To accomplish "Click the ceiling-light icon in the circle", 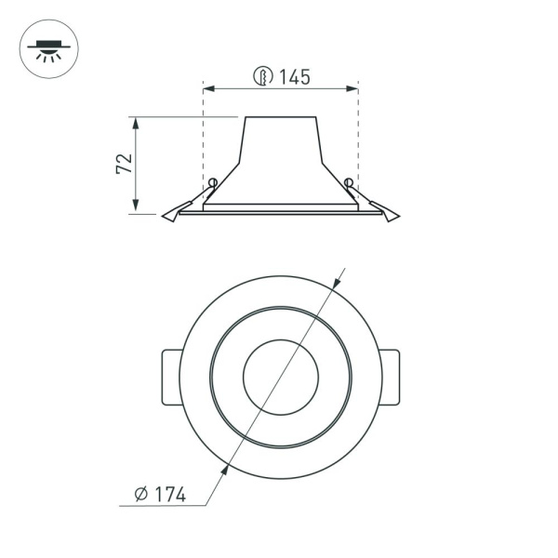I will click(x=49, y=48).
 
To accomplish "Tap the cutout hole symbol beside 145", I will click(x=263, y=78).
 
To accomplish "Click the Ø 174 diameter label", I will click(x=159, y=495).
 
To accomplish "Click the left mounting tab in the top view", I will click(x=172, y=377).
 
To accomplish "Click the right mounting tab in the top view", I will click(x=389, y=377).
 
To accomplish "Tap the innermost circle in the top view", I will click(x=280, y=377).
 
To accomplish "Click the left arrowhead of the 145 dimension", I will click(x=207, y=89).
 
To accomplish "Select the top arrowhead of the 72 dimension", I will click(x=137, y=122).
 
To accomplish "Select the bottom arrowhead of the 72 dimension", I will click(x=137, y=208).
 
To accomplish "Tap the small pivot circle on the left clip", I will click(x=213, y=181).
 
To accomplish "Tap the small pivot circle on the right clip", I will click(x=348, y=181).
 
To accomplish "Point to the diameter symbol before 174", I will click(x=140, y=495).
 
